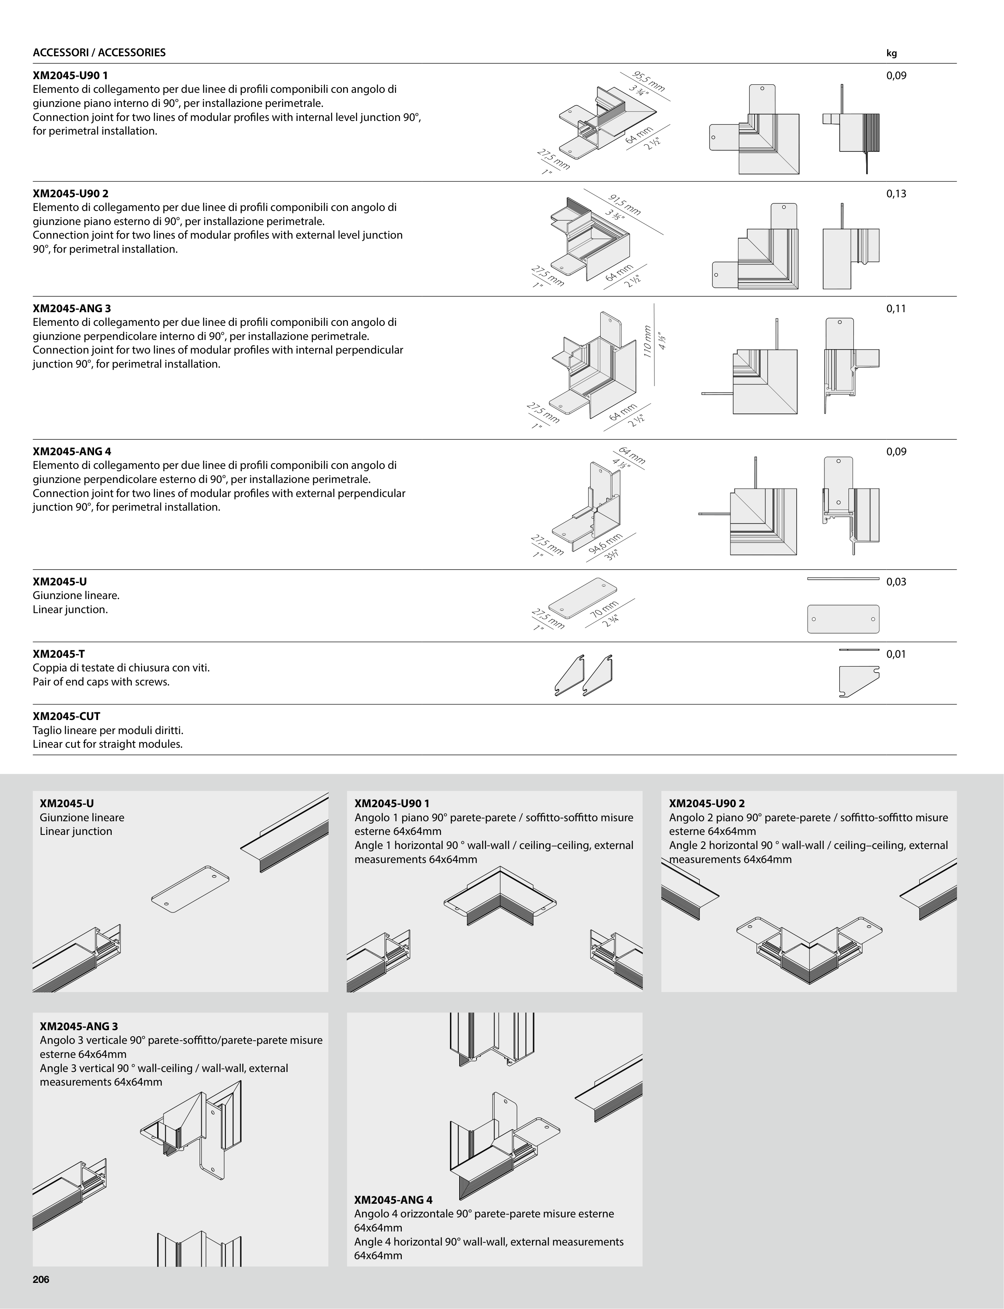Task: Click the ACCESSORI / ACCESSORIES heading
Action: tap(99, 53)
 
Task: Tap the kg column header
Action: tap(892, 53)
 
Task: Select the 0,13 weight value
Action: tap(896, 194)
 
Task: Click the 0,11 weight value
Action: tap(896, 309)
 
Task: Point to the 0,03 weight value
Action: tap(896, 582)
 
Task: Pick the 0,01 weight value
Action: tap(896, 654)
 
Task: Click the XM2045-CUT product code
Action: tap(66, 716)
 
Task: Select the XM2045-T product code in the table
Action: tap(59, 654)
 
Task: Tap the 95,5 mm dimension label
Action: tap(649, 81)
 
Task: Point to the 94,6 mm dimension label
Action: tap(606, 545)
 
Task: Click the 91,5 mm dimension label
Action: tap(624, 205)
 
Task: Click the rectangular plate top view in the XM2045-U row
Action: tap(843, 619)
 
